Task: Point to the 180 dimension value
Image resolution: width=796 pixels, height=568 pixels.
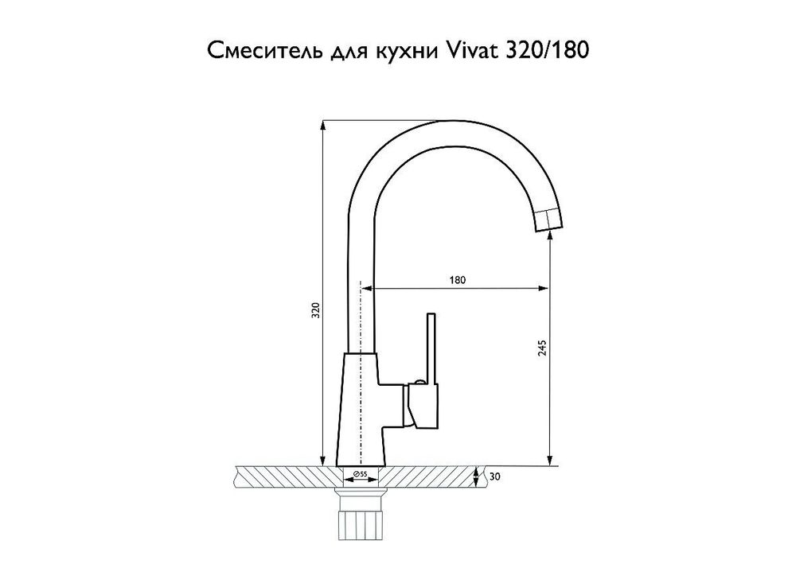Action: tap(456, 280)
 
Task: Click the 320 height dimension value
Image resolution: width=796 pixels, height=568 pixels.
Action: tap(315, 311)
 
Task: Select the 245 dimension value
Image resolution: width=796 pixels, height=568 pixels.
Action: tap(543, 351)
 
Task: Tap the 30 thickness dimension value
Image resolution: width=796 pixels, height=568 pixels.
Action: tap(495, 477)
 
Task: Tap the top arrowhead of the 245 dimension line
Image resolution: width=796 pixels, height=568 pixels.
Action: tap(549, 241)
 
